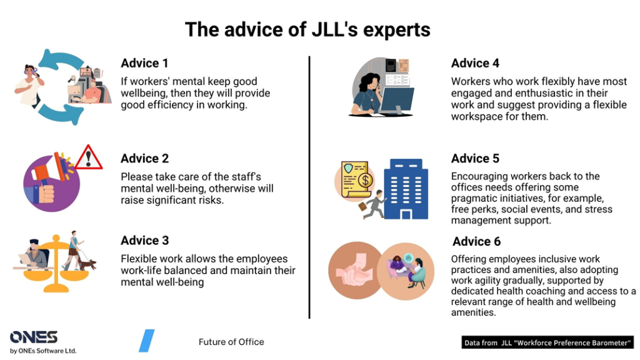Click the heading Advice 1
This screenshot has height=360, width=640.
[x=144, y=63]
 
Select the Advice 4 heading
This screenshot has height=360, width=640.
[x=475, y=63]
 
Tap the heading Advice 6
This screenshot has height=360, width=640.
[x=476, y=241]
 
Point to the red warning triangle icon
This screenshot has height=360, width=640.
[x=89, y=157]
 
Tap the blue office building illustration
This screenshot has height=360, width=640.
[x=406, y=189]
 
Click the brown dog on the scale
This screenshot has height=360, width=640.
[x=87, y=264]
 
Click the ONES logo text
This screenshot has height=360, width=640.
[x=34, y=337]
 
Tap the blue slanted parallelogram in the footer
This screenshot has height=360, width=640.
[x=146, y=341]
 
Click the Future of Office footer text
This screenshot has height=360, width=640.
[x=231, y=342]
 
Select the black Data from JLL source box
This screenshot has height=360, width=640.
[x=547, y=342]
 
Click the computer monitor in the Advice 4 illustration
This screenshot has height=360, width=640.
[x=396, y=101]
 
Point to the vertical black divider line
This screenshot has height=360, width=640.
[x=309, y=187]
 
